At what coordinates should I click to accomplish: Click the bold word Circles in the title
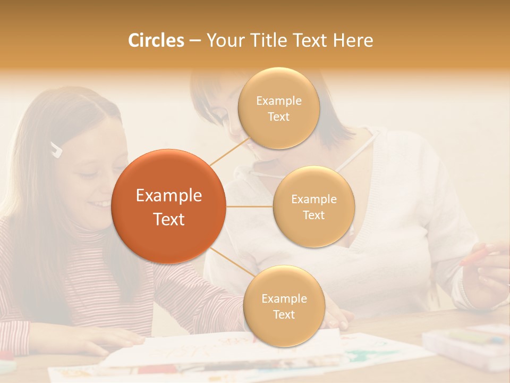point(156,40)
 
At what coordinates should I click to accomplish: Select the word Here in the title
point(353,40)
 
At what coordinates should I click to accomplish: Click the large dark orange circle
point(169,206)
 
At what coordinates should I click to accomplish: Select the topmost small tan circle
point(278,108)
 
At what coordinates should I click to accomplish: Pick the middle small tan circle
point(313,206)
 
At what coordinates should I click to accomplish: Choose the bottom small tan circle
point(284,306)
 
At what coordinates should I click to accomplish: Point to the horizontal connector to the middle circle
point(249,206)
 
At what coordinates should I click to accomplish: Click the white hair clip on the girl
point(56,149)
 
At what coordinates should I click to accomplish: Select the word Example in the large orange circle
point(169,196)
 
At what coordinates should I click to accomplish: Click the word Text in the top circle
point(278,116)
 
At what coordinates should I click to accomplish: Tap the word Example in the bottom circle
point(284,298)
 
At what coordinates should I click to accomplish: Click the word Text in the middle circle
point(313,215)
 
